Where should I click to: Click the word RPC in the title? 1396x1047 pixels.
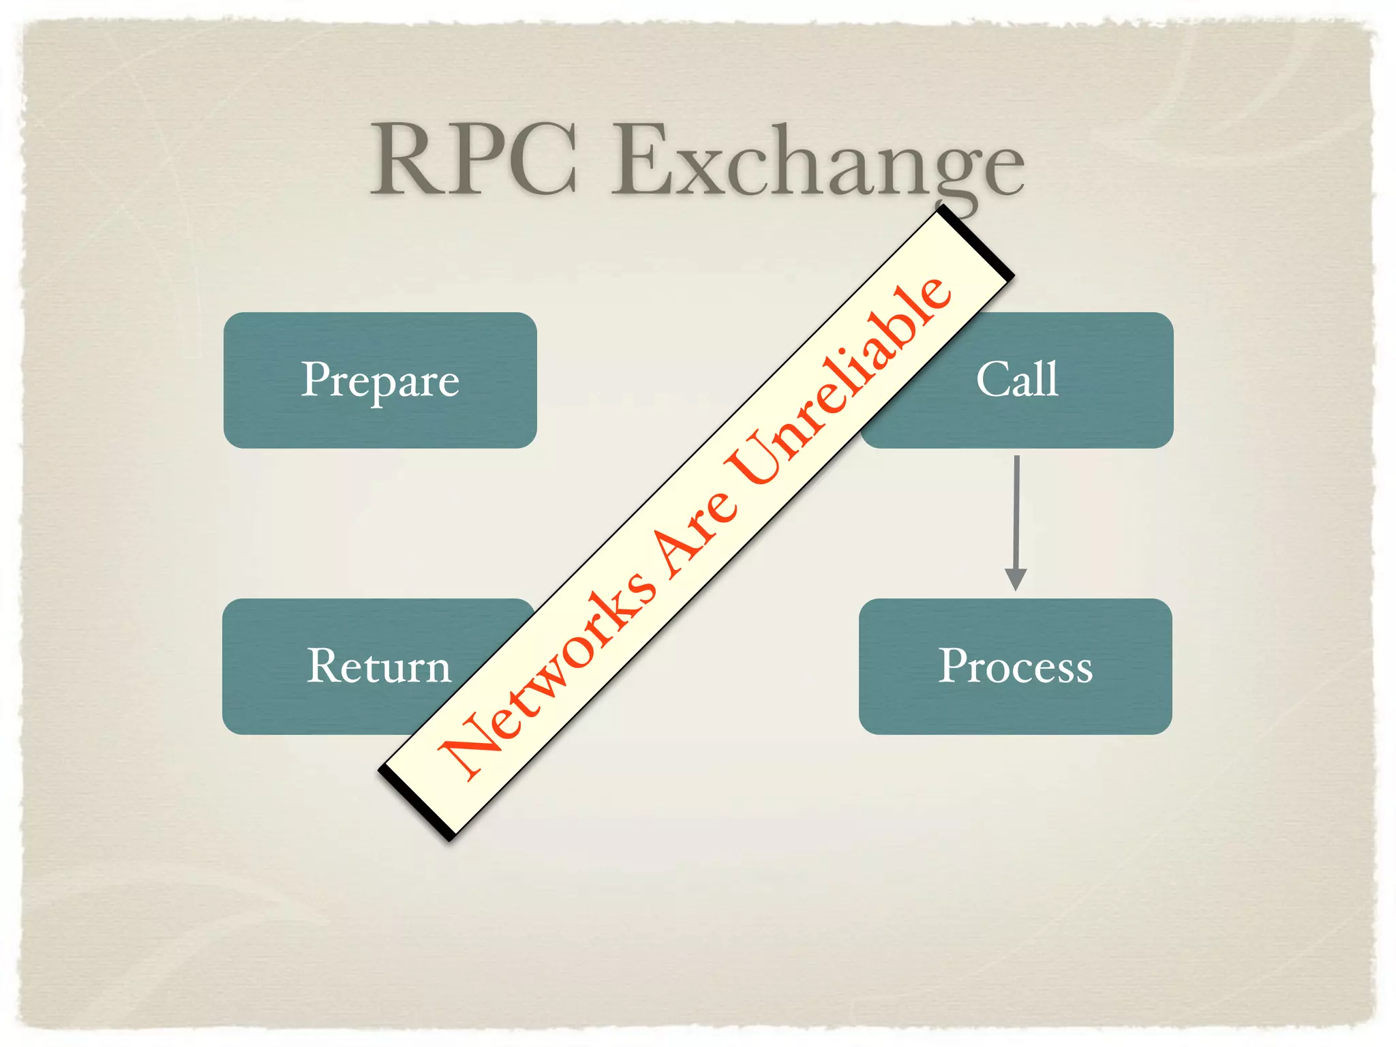(x=474, y=160)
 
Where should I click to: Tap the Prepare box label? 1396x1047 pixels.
(x=380, y=380)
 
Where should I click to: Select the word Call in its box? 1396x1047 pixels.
(x=1017, y=379)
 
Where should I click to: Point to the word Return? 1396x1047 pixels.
(x=379, y=666)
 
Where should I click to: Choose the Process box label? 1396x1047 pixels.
(x=1016, y=666)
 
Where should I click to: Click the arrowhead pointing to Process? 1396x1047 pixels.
(x=1016, y=579)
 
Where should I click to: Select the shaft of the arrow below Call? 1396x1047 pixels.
(x=1016, y=511)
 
